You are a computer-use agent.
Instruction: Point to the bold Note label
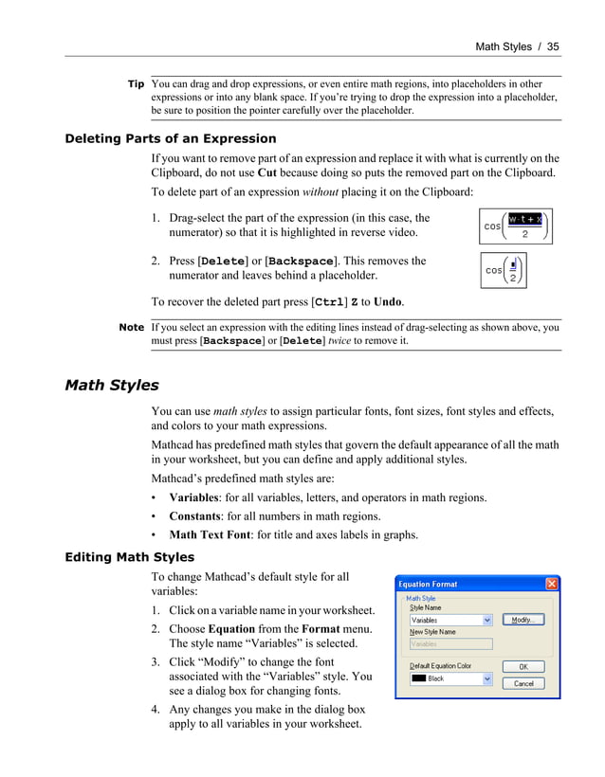point(132,327)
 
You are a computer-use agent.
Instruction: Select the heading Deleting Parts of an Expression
point(170,138)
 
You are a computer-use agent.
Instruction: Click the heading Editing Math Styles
point(129,557)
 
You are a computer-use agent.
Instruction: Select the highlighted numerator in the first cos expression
point(524,219)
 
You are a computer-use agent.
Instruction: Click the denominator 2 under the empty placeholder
point(512,278)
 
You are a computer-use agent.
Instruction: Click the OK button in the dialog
point(523,666)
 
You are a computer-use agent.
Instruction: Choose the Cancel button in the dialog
point(523,682)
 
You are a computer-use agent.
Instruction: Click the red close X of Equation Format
point(551,584)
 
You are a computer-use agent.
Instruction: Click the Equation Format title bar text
point(428,585)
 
